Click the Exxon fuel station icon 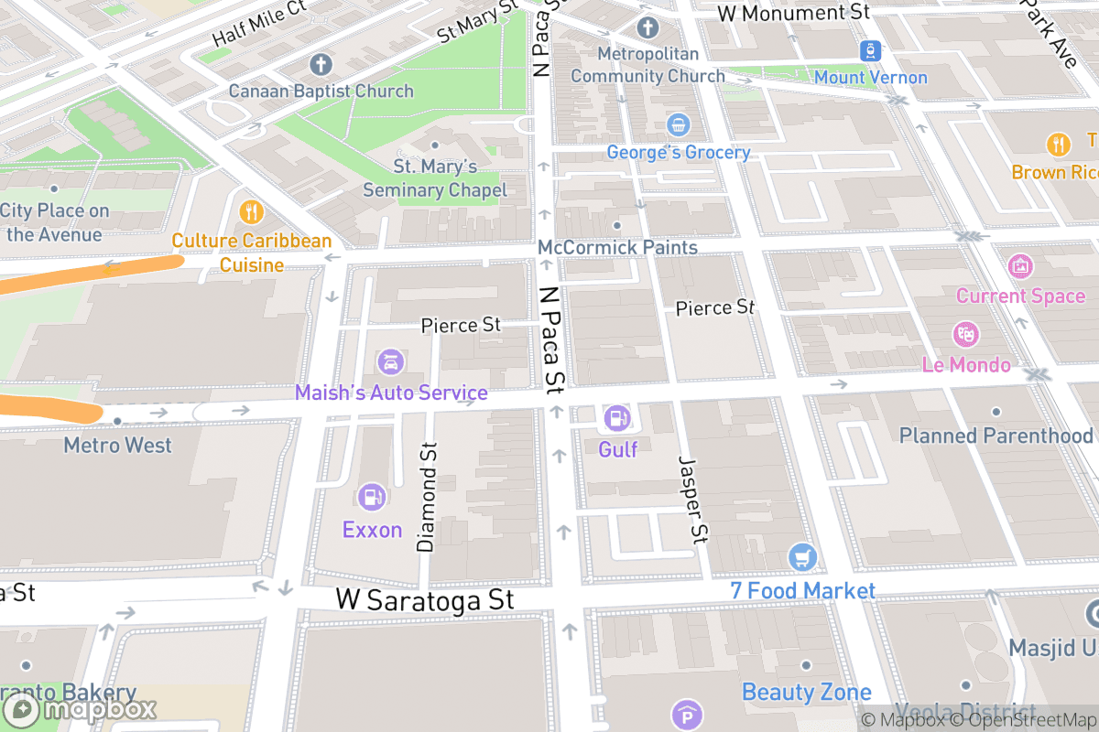372,497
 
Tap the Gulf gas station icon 617,418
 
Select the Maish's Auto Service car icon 390,361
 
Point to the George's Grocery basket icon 678,124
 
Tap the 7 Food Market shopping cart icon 802,555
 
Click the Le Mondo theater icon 965,334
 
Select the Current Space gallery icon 1019,266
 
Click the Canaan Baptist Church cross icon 320,64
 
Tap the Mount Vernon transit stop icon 869,50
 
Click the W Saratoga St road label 425,600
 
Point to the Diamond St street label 427,498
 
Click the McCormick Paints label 617,248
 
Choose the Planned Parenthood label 996,436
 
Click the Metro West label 117,446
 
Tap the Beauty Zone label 806,691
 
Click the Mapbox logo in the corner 81,709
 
